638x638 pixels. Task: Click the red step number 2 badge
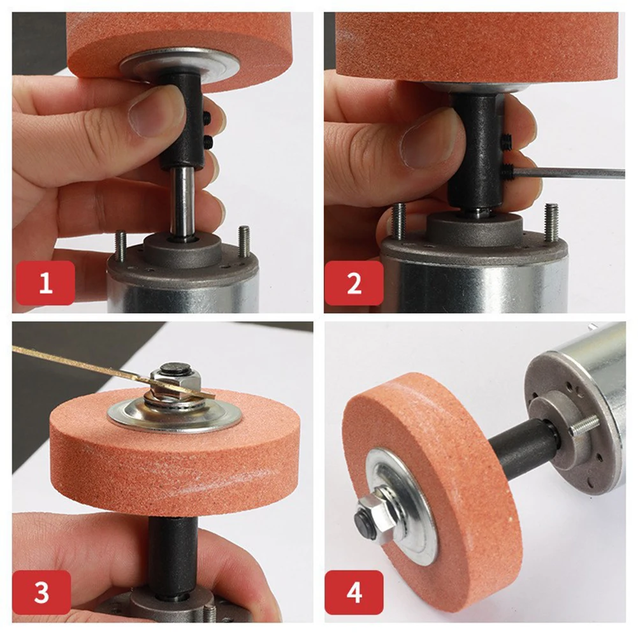coord(354,283)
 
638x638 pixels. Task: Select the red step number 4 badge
coord(354,592)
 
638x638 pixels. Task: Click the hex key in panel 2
coord(574,172)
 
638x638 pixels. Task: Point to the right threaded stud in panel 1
coord(243,242)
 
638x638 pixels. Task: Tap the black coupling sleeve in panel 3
coord(173,548)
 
